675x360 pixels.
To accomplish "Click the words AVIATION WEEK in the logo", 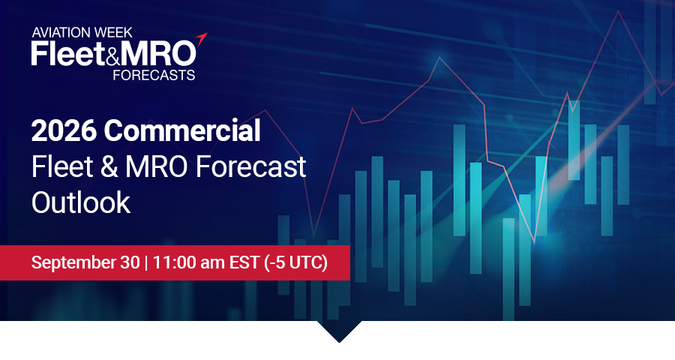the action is (82, 32).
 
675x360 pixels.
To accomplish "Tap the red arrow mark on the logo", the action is (202, 39).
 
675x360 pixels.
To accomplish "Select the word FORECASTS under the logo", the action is (154, 75).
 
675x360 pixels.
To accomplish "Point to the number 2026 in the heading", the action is (63, 131).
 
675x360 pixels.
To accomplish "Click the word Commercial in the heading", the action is (182, 130).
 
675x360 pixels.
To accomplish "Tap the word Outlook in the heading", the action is (81, 202).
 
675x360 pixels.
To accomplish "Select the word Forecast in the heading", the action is (251, 166).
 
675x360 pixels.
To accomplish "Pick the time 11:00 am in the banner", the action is (188, 262).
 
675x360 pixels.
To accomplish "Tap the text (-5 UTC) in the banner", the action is (296, 262).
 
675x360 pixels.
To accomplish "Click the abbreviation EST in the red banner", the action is (244, 262).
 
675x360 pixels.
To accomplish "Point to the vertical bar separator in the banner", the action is (146, 262).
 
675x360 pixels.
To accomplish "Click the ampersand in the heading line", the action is (109, 166).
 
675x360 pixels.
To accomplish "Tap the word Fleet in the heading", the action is (62, 166).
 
